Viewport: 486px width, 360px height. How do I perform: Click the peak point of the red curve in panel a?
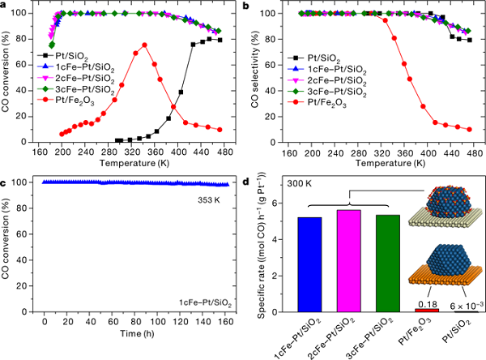[x=144, y=45]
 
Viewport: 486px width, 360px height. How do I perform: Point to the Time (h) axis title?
[x=134, y=332]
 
